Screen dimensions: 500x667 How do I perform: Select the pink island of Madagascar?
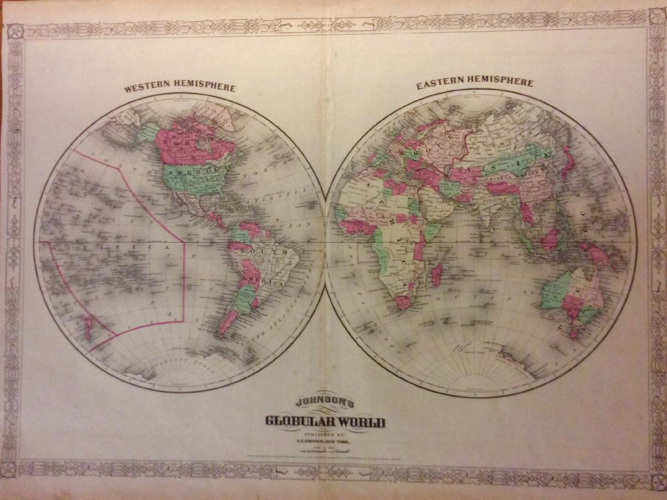(436, 275)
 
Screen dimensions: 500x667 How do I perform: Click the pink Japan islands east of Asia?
(568, 161)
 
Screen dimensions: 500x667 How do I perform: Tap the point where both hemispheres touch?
(326, 243)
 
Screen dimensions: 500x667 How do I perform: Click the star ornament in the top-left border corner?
(15, 30)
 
